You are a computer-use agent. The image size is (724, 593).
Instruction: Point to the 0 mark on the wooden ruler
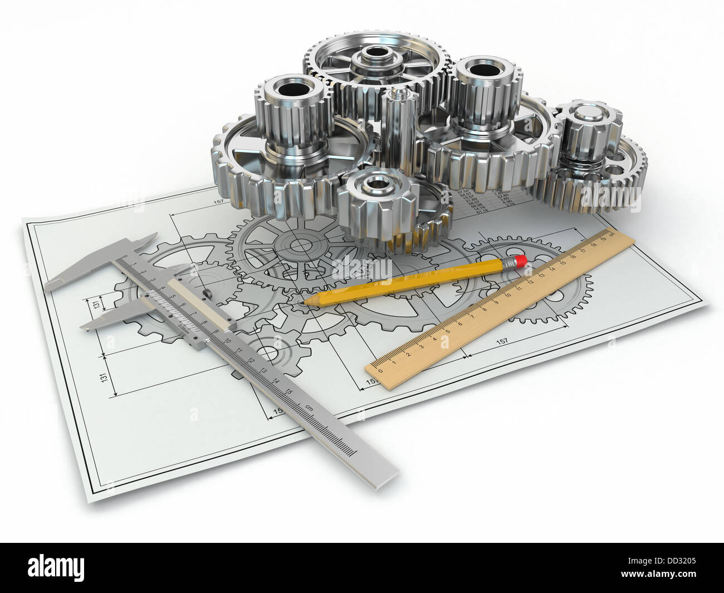pyautogui.click(x=380, y=369)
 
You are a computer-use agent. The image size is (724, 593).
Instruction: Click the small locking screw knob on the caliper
pyautogui.click(x=207, y=293)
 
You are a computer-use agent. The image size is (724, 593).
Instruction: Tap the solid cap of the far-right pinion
pyautogui.click(x=585, y=114)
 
